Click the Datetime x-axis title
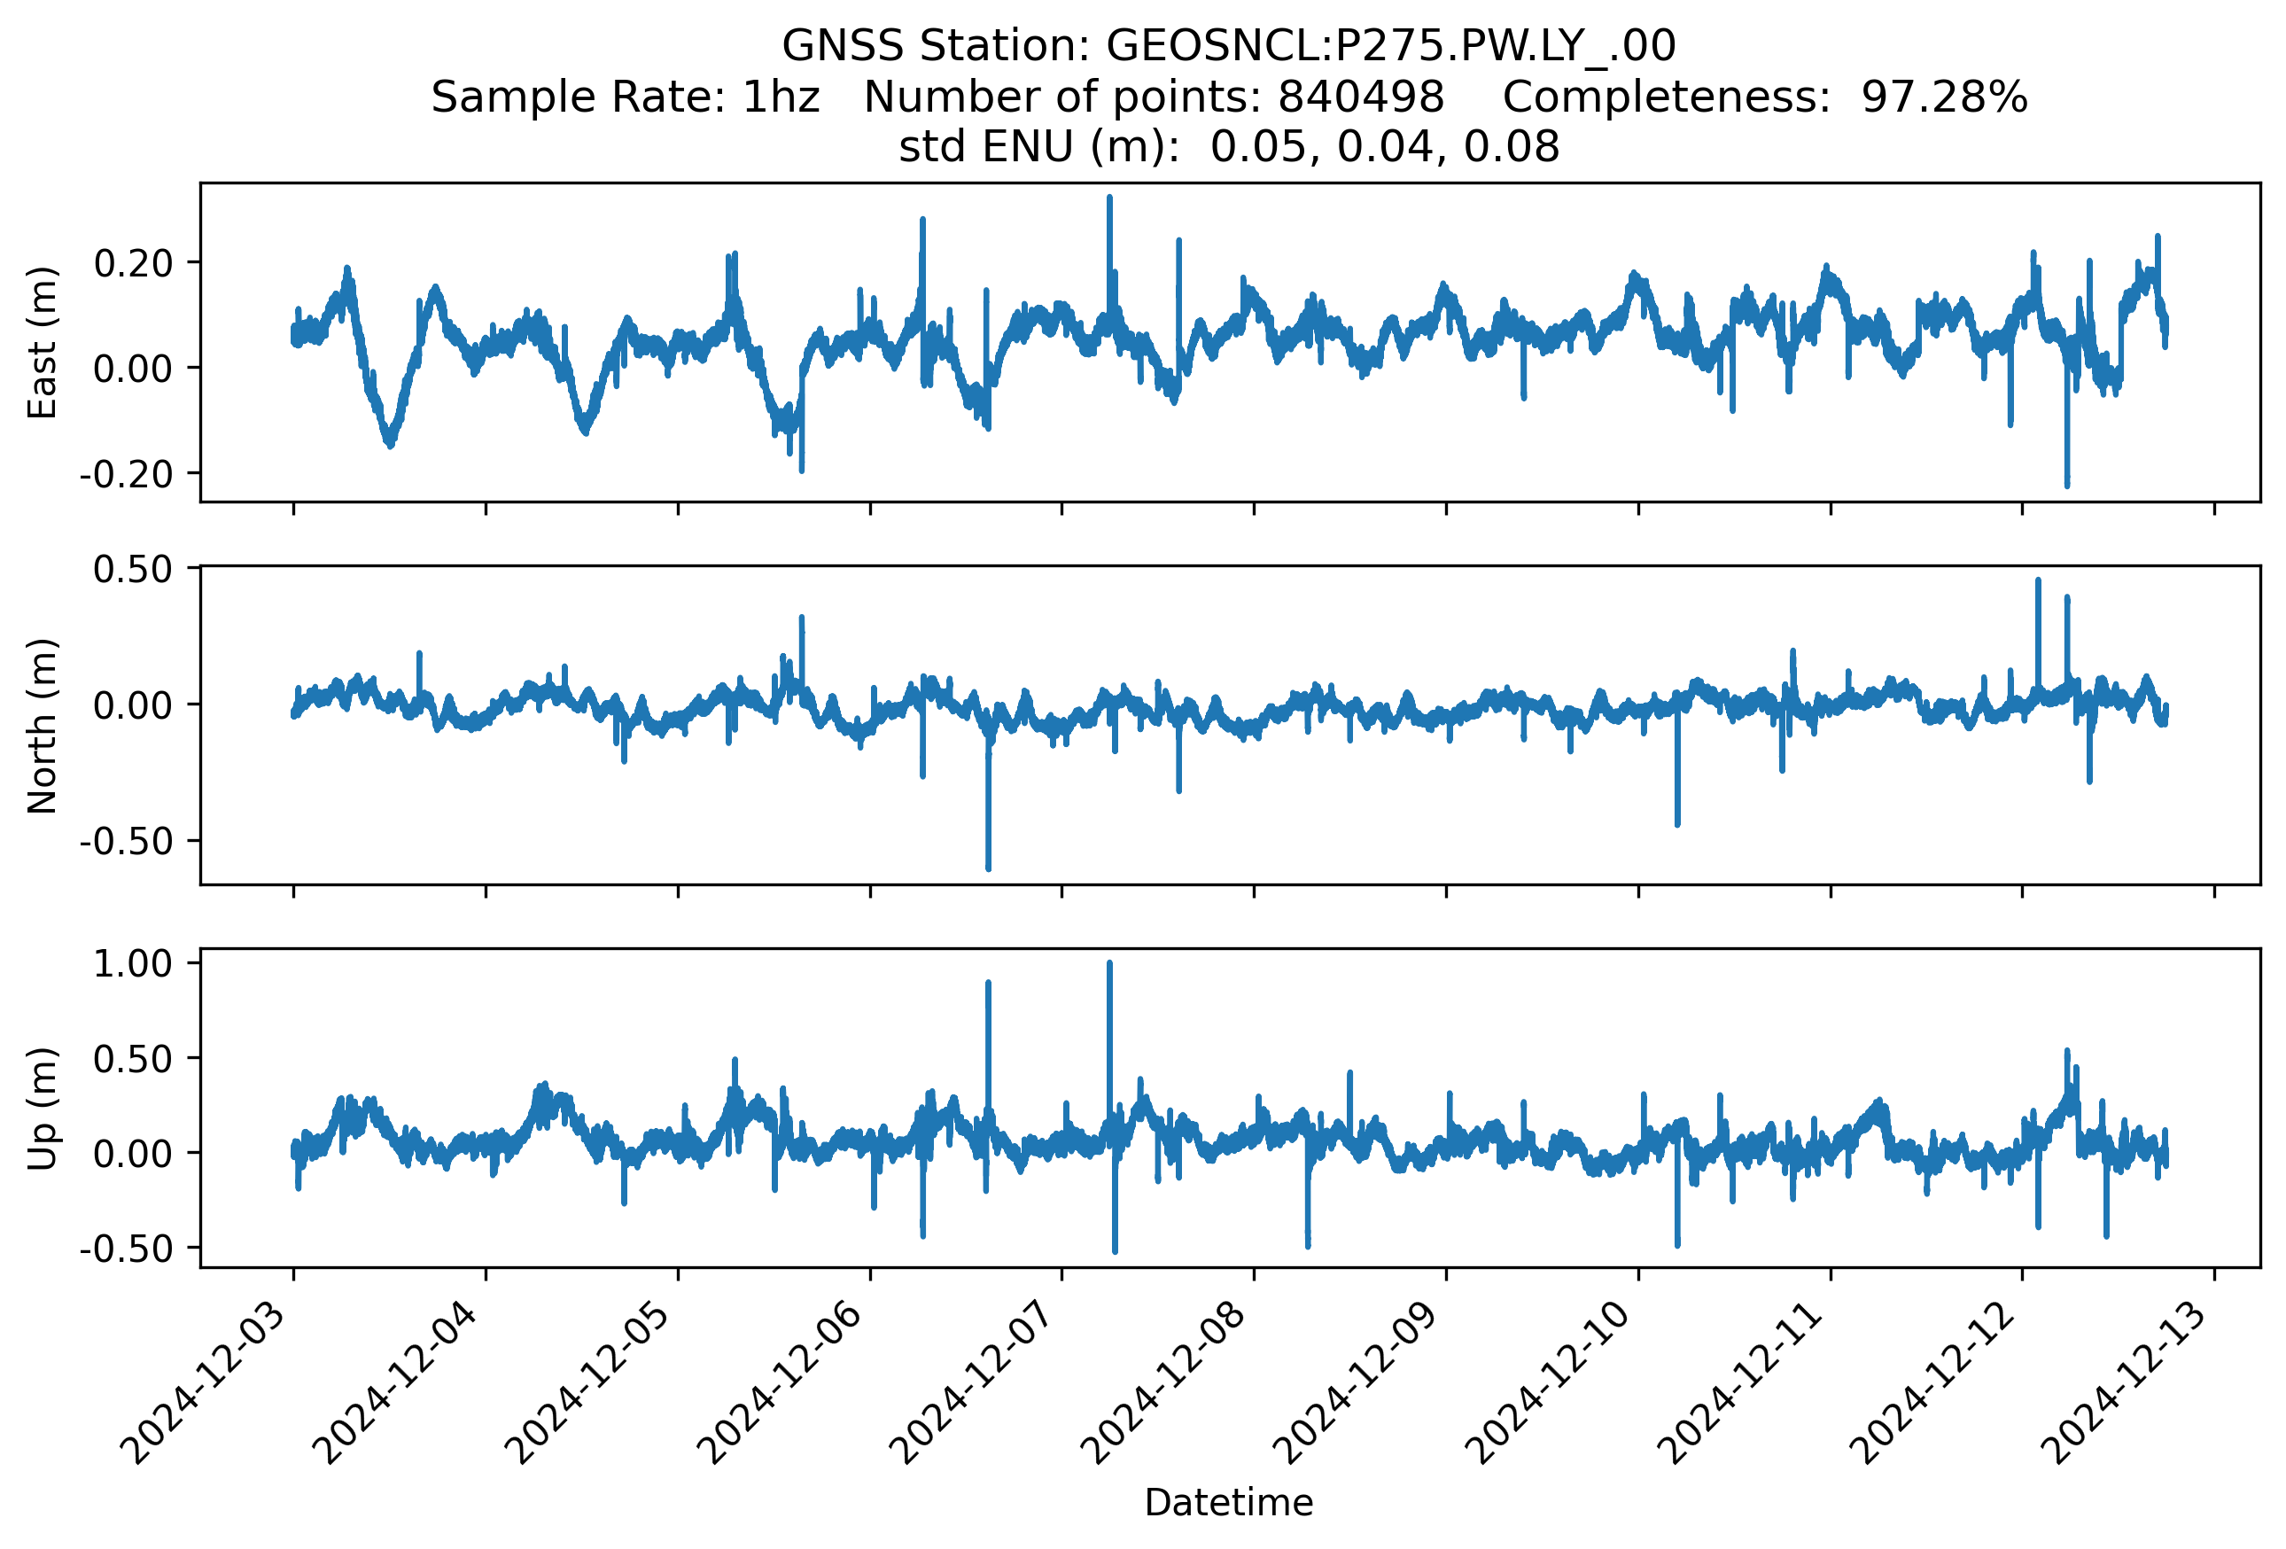click(x=1229, y=1503)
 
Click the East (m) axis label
click(x=43, y=342)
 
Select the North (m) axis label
click(x=43, y=726)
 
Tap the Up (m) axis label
click(x=43, y=1109)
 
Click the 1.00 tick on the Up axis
click(x=133, y=964)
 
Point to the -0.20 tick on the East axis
click(x=126, y=474)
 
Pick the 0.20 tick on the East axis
click(x=133, y=262)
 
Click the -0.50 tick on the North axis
click(x=126, y=841)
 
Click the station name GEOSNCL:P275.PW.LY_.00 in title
click(x=1391, y=45)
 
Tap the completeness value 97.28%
click(x=1944, y=97)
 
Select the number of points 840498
click(x=1360, y=97)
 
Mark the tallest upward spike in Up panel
click(x=1109, y=964)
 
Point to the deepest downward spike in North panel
click(x=989, y=868)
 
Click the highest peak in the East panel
click(x=1109, y=198)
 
